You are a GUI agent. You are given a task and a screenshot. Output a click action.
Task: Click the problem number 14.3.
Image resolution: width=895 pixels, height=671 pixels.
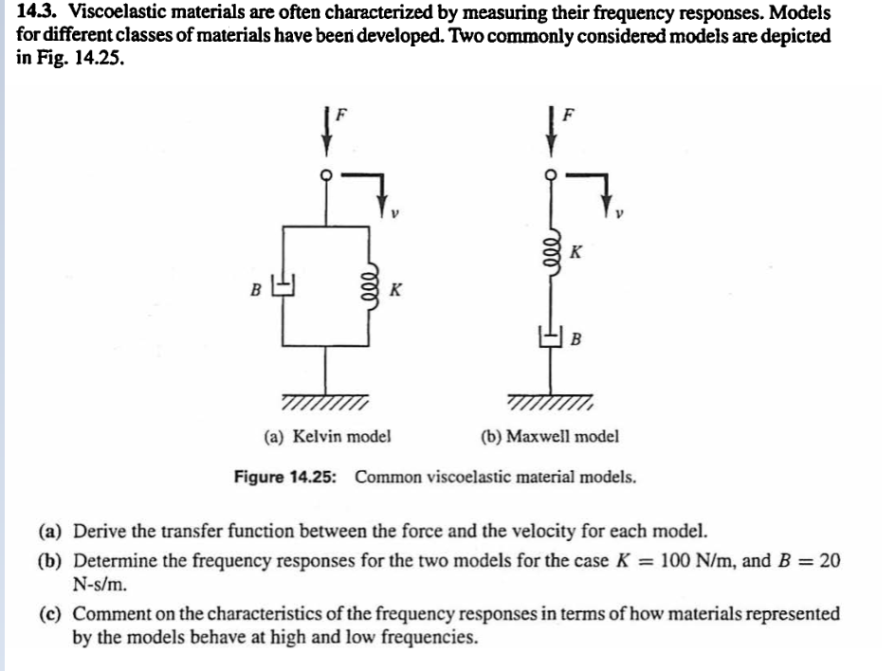pos(36,13)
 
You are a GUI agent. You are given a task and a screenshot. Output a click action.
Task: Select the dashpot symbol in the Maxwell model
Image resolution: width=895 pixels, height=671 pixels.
pos(551,335)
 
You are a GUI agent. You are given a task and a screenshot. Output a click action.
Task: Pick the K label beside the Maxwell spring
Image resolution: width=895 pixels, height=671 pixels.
pos(577,253)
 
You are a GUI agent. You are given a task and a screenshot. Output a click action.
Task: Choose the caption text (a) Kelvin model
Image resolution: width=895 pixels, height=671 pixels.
pos(328,437)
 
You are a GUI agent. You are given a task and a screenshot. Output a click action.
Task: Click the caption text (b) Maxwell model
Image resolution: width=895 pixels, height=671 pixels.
pos(551,437)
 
